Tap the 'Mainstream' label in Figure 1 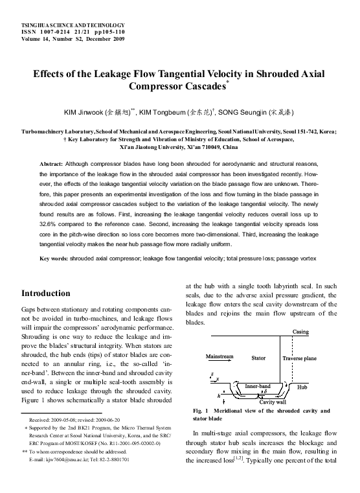219,356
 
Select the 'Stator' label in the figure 258,358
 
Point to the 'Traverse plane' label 300,358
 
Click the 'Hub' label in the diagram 302,387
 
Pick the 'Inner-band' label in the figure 258,386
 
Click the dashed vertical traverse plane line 281,369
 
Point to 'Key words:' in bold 54,258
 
